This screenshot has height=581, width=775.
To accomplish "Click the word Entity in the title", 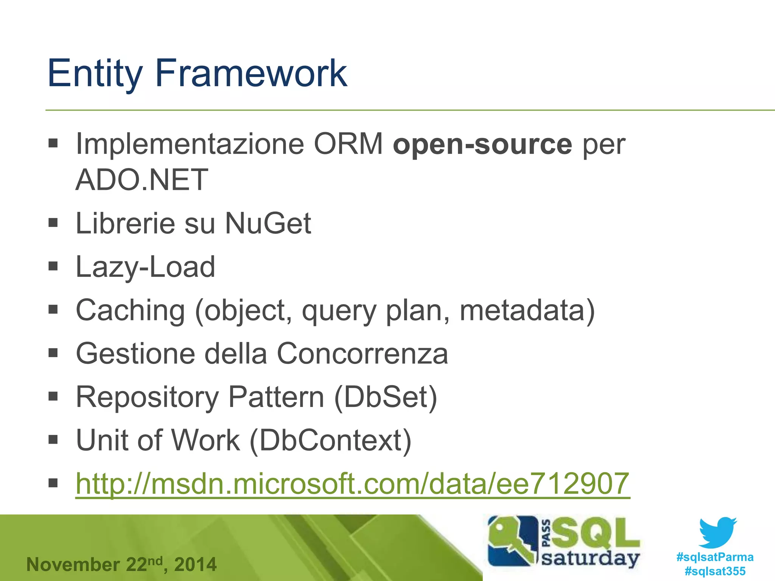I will pos(95,73).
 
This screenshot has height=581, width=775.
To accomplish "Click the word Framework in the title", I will pos(251,73).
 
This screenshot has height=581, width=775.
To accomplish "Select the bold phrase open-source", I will pos(482,144).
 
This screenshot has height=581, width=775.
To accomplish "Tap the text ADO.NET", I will pos(142,180).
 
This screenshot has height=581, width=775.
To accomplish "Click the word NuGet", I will pos(268,224).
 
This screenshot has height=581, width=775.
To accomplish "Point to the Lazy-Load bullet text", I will pos(145,267).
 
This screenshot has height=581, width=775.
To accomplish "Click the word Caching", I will pos(130,311).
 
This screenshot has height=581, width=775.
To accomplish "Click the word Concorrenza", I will pos(362,354).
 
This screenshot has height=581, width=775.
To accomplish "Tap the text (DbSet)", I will pos(386,397).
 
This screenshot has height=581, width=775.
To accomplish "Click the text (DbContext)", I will pos(330,441).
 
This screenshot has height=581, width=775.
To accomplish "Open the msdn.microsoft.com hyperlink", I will pos(352,484).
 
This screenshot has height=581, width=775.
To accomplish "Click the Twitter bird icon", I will pos(717,533).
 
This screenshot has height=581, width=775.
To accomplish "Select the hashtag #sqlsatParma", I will pos(715,557).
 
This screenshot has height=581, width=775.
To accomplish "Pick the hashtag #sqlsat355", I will pos(715,571).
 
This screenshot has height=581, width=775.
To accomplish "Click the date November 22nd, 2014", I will pos(121,565).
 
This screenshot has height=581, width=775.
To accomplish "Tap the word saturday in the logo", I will pos(590,558).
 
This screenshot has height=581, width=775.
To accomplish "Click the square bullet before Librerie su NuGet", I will pos(53,223).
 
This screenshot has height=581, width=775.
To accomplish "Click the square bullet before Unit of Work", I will pos(53,440).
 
